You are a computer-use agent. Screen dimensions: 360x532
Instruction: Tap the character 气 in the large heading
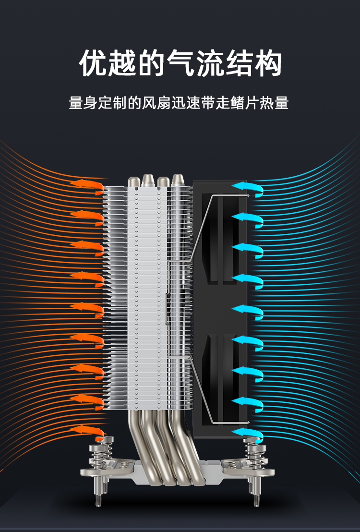click(x=180, y=63)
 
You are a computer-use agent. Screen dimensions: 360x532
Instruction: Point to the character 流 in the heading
click(x=210, y=63)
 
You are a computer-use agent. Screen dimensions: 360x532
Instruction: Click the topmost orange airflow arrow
click(x=87, y=186)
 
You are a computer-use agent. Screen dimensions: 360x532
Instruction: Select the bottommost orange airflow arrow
click(x=87, y=432)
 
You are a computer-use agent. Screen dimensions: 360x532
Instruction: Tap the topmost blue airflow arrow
click(x=248, y=188)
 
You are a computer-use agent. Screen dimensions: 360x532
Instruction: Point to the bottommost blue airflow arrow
click(x=248, y=434)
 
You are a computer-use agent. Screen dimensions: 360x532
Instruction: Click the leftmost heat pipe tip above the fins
click(x=133, y=181)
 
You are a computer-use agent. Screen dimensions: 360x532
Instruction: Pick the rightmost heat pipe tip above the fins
click(x=178, y=180)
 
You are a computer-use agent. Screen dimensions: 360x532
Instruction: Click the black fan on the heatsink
click(x=220, y=309)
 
